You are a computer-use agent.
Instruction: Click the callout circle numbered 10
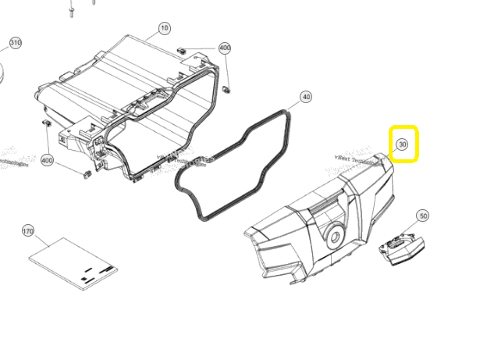click(164, 28)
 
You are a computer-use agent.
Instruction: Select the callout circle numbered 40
click(306, 97)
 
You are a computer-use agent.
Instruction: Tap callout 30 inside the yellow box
click(403, 144)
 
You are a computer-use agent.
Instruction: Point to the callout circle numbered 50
click(423, 216)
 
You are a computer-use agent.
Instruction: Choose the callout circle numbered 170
click(28, 231)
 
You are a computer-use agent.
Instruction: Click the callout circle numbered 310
click(15, 42)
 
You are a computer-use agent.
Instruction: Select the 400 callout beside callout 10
click(225, 48)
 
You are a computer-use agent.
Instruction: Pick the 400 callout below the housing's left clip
click(47, 161)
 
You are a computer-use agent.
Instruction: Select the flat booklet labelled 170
click(73, 263)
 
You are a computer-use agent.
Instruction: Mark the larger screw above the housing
click(72, 11)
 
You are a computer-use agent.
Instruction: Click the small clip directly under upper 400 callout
click(227, 86)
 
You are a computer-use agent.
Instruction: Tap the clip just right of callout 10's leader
click(183, 49)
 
